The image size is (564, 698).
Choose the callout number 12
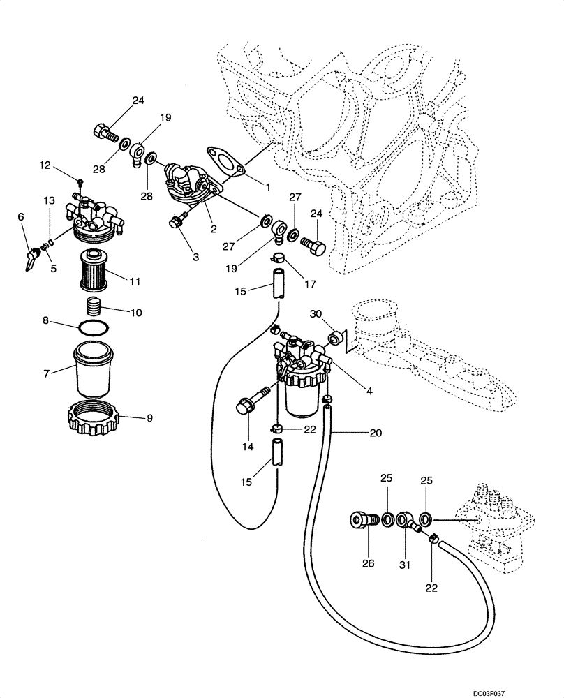[45, 165]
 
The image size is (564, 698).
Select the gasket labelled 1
[223, 158]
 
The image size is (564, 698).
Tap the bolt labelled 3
[175, 222]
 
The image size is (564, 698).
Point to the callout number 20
[376, 433]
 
